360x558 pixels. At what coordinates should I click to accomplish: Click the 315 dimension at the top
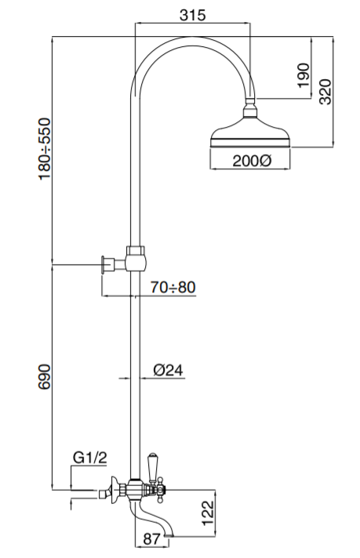coord(192,16)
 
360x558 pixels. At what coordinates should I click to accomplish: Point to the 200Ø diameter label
coord(252,161)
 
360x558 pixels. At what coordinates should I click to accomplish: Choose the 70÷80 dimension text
coord(172,288)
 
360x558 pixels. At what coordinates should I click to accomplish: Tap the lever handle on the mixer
coord(154,466)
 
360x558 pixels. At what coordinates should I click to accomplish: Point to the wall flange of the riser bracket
coord(104,265)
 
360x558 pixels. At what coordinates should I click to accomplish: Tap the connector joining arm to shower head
coord(252,108)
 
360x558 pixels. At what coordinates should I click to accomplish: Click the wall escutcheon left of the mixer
coord(115,489)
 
